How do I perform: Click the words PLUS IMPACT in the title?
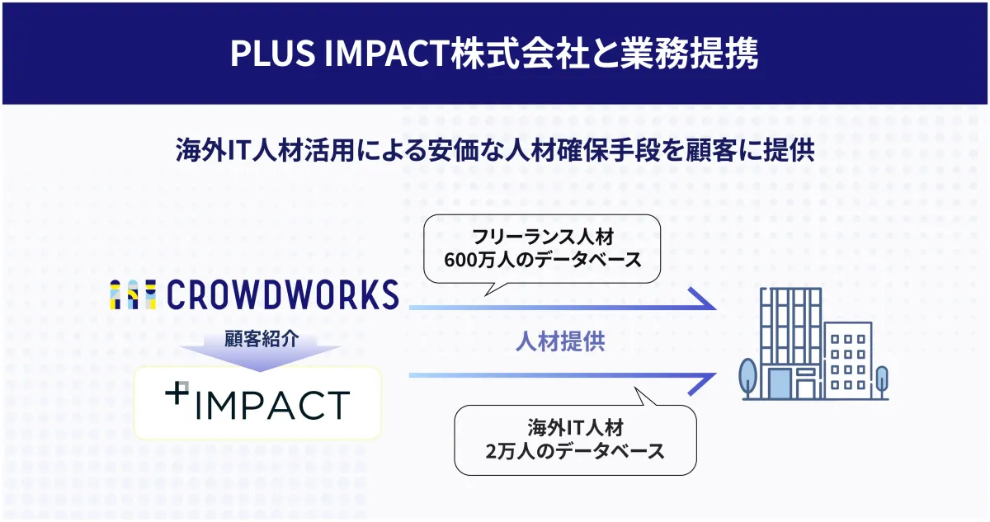pos(339,54)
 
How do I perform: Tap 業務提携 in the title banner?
pos(689,54)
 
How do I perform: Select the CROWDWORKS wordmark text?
pos(283,294)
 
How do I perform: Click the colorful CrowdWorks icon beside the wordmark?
pos(133,294)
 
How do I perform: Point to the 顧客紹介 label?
pos(262,339)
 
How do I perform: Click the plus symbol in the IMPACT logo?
pos(177,393)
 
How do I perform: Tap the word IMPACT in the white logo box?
pos(272,405)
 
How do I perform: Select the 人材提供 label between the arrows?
pos(560,342)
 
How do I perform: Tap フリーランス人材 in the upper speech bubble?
pos(543,237)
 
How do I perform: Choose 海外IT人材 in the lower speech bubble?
pos(576,427)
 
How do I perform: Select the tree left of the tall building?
pos(747,378)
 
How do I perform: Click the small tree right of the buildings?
pos(882,382)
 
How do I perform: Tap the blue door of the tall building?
pos(779,384)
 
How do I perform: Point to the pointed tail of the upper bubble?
pos(485,295)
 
